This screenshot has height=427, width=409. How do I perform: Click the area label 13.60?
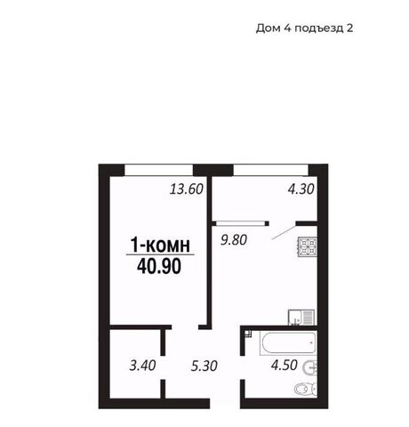(187, 189)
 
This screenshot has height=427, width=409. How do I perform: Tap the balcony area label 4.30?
(301, 189)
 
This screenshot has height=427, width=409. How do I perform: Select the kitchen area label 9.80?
(234, 239)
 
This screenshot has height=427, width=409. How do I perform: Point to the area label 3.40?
(142, 366)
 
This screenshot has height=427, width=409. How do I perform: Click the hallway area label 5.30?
(204, 366)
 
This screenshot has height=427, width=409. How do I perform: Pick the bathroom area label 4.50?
(285, 365)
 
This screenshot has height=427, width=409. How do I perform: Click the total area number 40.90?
(159, 267)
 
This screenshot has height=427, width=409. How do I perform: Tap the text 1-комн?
(160, 246)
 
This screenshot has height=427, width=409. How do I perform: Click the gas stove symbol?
(308, 246)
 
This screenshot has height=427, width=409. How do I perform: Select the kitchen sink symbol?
(301, 318)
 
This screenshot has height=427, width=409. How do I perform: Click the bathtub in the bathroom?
(287, 343)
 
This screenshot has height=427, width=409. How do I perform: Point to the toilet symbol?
(306, 389)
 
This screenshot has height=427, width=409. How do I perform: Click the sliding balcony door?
(241, 223)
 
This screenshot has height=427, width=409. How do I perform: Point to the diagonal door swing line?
(284, 232)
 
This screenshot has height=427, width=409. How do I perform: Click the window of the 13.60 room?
(158, 170)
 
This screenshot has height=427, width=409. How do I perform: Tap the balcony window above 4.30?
(271, 170)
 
